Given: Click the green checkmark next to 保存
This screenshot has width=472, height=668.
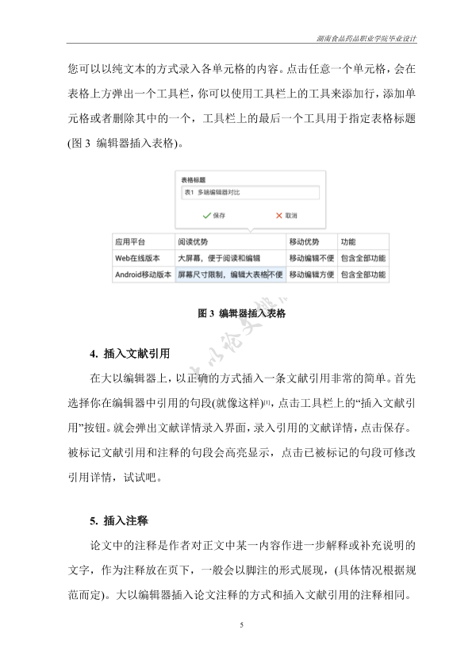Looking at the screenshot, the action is click(205, 215).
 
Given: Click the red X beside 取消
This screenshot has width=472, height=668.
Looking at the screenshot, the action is click(278, 215).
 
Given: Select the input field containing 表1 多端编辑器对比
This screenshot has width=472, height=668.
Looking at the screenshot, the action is click(248, 193).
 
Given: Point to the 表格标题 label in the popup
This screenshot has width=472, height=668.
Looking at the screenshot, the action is click(194, 179).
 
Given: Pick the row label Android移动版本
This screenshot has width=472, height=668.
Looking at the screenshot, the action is click(142, 274).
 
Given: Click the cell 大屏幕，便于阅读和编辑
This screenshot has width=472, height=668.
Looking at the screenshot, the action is click(218, 258).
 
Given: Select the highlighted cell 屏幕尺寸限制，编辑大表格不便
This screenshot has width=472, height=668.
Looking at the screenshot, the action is click(229, 274).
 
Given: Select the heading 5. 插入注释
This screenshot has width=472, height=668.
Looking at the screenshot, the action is click(120, 520).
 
